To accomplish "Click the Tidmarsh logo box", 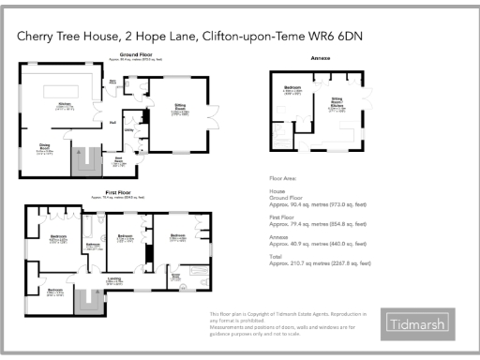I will coord(417,324).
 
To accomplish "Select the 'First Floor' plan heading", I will coord(108,193).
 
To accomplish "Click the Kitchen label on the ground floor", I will coord(66,105).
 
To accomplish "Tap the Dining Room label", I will coord(44,146).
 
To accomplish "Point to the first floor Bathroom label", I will coord(94,246).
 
